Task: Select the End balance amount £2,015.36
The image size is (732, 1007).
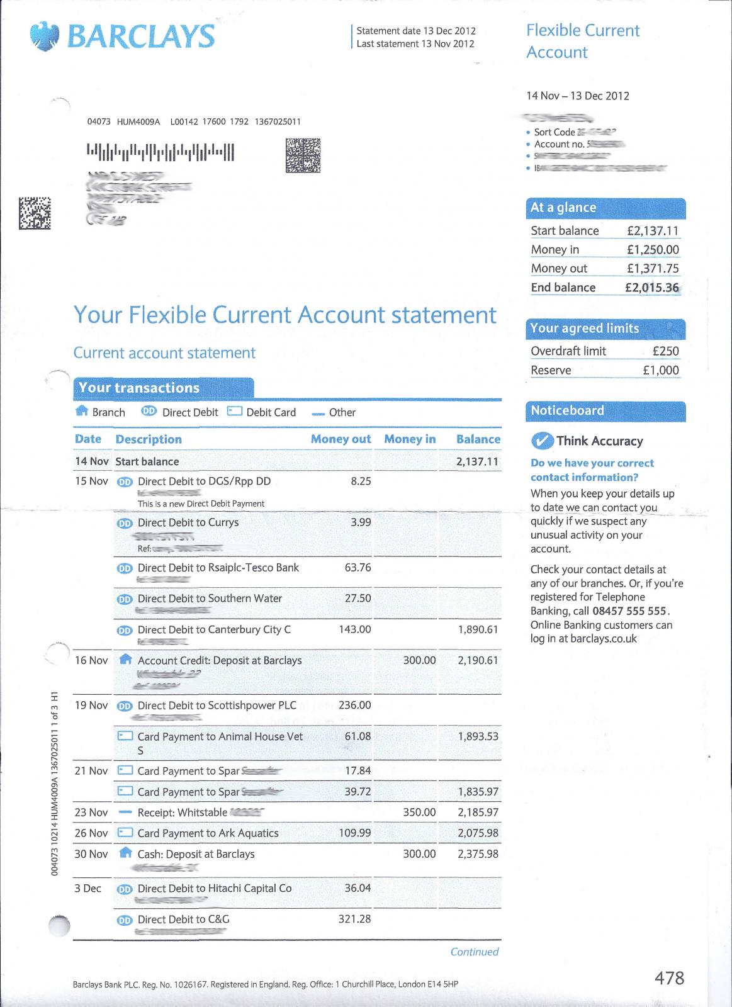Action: (651, 288)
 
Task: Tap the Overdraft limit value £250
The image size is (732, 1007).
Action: (665, 351)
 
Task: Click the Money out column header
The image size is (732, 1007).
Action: (341, 439)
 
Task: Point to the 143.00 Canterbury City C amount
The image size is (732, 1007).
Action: (355, 629)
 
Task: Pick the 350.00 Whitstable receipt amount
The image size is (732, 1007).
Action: (419, 813)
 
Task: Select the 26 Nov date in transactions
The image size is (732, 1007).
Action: (91, 833)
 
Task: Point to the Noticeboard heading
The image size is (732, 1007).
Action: (567, 411)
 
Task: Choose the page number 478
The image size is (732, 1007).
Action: (669, 978)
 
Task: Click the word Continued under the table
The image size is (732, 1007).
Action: (474, 952)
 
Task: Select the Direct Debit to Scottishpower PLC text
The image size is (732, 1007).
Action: (217, 706)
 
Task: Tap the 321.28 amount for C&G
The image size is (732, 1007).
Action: (354, 919)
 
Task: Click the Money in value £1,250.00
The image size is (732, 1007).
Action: (653, 250)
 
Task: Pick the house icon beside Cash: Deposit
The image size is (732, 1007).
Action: (125, 853)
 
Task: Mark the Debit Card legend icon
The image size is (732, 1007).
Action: (235, 412)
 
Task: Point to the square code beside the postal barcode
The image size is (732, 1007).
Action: (303, 155)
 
